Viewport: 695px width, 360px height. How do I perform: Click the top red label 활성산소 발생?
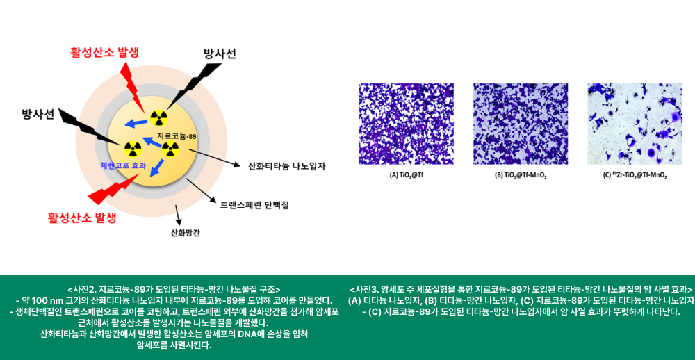coord(105,52)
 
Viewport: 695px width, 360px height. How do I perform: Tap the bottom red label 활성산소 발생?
coord(82,218)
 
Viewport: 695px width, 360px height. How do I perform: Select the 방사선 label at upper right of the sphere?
coord(220,54)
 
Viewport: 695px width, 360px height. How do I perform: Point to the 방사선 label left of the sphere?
coord(38,115)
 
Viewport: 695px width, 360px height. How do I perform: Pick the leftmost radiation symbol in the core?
coord(131,149)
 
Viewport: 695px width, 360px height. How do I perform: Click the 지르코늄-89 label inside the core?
coord(177,136)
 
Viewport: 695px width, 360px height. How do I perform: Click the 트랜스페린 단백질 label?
coord(254,205)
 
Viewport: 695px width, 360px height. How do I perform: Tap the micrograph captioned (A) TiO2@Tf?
coord(407,124)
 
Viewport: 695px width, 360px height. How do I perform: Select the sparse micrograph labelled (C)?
coord(635,124)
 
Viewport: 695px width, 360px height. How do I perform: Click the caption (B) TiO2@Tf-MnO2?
coord(520,175)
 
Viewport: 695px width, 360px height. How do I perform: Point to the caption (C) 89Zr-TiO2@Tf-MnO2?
coord(635,175)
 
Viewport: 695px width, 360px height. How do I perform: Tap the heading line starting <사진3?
coord(521,288)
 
